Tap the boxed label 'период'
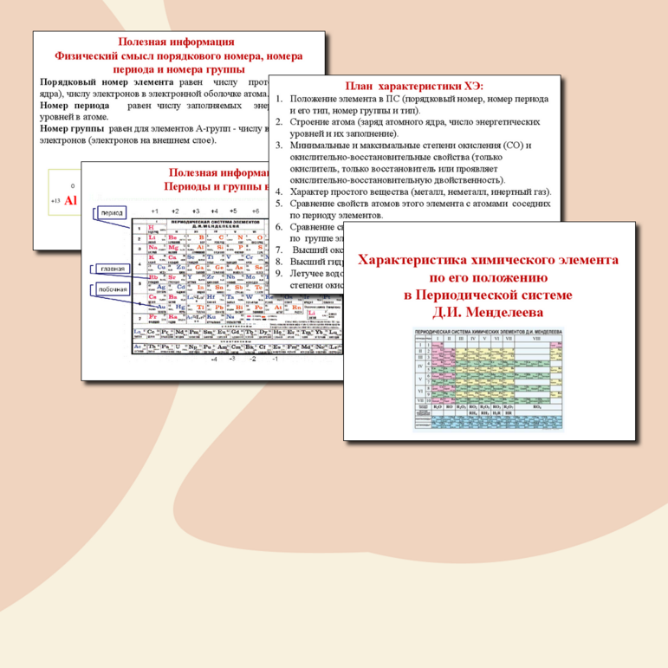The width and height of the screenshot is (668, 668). point(112,212)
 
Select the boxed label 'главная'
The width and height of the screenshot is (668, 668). point(111,269)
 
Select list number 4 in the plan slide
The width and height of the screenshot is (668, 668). point(279,191)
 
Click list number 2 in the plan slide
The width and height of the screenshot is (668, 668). point(279,122)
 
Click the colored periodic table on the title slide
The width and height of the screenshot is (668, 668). point(490,379)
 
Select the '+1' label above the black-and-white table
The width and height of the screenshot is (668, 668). point(154,211)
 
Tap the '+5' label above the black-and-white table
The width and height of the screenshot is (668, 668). point(233,211)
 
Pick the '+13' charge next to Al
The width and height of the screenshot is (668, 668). point(56,201)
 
